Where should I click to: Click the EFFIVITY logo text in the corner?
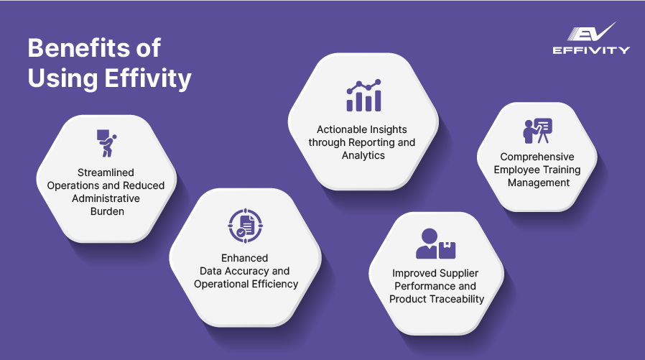pos(591,50)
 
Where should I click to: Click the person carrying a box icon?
pos(106,144)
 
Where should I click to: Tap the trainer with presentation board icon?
pos(537,131)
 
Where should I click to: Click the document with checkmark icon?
pos(246,225)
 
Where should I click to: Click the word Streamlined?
pos(106,173)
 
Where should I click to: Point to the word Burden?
pos(106,211)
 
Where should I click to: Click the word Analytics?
pos(363,155)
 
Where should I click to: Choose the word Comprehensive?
pos(537,157)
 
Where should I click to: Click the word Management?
pos(537,183)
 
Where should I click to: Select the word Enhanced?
pos(245,258)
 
